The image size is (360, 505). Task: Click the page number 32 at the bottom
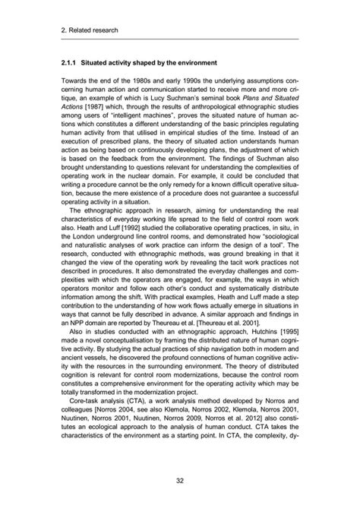click(x=180, y=480)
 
